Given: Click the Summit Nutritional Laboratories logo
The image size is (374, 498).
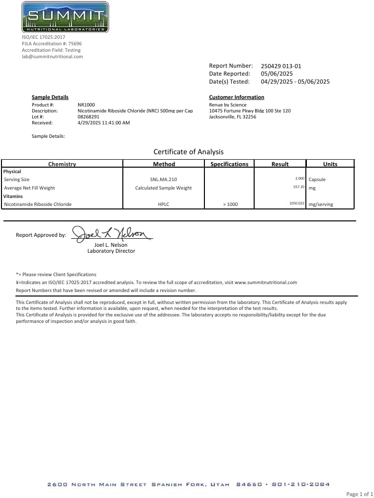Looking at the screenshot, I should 65,17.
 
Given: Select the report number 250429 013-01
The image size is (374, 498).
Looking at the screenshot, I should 281,66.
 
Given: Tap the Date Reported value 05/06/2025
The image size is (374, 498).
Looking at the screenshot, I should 277,74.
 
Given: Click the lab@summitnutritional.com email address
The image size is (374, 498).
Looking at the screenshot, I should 52,57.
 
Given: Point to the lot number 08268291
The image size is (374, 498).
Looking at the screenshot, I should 89,116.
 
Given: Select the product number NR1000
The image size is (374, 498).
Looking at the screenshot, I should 86,104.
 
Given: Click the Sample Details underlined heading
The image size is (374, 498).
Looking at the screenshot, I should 50,97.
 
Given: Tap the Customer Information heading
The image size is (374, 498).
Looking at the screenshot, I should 236,97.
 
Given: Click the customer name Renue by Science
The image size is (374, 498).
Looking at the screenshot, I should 228,104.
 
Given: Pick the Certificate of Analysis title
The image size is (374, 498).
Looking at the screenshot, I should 188,152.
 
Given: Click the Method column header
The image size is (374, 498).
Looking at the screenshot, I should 164,164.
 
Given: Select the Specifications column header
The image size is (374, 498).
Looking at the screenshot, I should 229,164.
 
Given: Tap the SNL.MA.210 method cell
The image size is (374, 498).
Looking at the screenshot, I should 164,179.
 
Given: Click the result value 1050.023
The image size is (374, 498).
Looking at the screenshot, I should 297,203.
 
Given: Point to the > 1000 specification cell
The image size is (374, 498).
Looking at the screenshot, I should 230,204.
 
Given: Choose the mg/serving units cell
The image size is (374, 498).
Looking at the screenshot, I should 321,204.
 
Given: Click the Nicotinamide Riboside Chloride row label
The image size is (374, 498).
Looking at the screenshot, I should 38,204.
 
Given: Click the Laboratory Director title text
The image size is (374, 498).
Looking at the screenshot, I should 111,251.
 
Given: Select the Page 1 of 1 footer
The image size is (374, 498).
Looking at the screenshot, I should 359,494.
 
